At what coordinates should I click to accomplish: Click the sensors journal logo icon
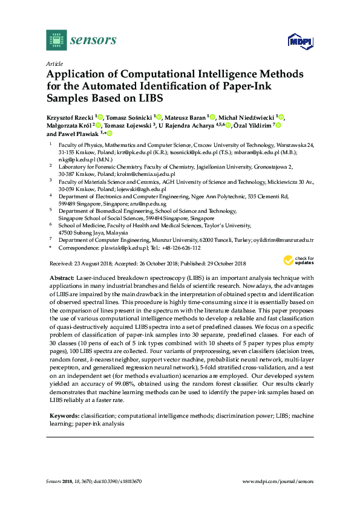click(56, 40)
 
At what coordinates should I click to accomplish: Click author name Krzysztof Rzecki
click(70, 117)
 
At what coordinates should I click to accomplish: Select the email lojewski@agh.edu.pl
click(125, 189)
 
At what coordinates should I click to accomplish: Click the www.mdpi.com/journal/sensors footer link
click(278, 481)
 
